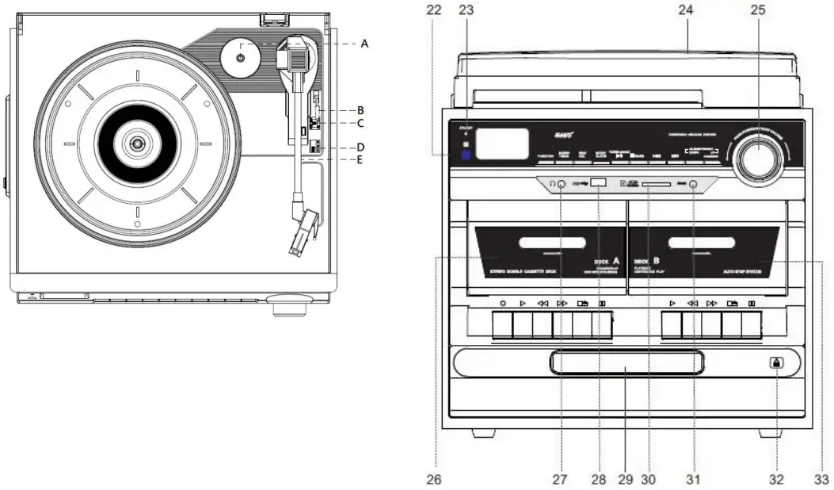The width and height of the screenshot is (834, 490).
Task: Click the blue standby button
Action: [x=467, y=156]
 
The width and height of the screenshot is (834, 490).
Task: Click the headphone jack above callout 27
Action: [x=560, y=184]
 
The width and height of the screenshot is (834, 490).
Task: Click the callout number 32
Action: [x=776, y=479]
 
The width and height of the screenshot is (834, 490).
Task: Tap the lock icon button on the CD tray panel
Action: [x=775, y=363]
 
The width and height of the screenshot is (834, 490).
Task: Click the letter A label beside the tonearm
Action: [x=364, y=44]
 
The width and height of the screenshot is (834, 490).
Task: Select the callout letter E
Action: [x=361, y=159]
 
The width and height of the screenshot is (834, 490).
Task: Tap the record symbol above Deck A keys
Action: [x=503, y=303]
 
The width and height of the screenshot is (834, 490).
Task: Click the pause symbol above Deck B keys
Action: [x=752, y=303]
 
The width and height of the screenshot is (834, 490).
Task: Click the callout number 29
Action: [x=624, y=479]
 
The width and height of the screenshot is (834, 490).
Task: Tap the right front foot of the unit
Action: [x=771, y=434]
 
